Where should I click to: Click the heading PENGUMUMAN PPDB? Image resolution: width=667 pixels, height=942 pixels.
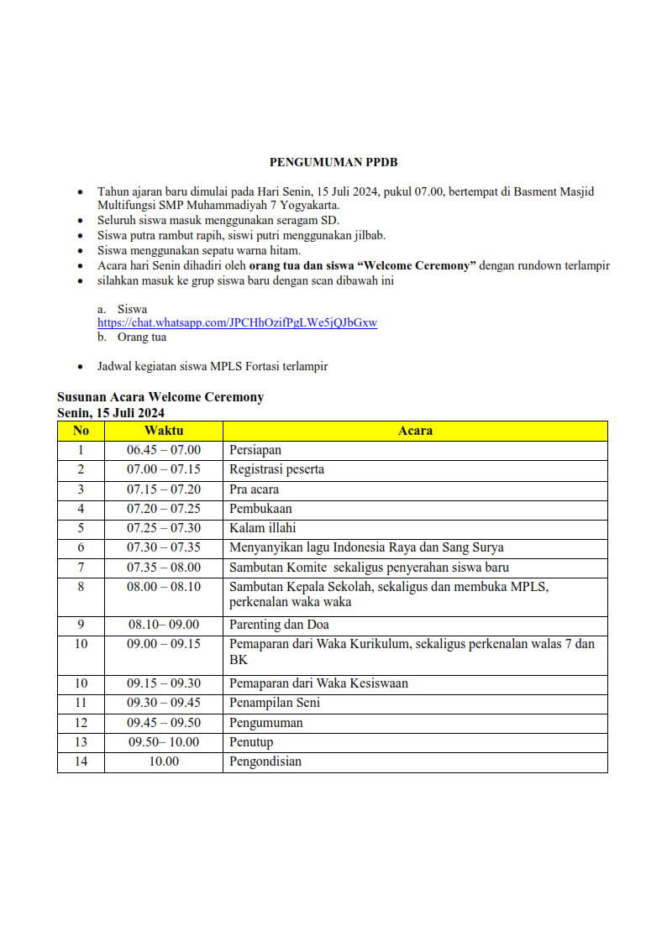(x=333, y=161)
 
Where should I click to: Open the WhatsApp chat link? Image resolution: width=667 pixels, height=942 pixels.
(x=237, y=322)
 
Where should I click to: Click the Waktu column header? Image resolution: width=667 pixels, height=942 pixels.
(x=164, y=431)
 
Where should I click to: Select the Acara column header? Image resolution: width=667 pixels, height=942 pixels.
(x=415, y=431)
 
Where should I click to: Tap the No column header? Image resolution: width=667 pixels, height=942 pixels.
(x=81, y=431)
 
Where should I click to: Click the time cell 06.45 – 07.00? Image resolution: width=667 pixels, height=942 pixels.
(x=164, y=450)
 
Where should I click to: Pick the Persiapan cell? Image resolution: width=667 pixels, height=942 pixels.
(x=255, y=450)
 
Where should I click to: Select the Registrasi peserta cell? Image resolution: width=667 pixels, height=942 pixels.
(x=276, y=469)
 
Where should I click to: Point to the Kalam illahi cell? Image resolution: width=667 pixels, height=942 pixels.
(x=263, y=528)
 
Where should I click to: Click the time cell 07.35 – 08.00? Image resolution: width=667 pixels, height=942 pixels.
(x=164, y=568)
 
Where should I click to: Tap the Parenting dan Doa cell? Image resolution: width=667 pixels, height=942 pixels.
(x=279, y=625)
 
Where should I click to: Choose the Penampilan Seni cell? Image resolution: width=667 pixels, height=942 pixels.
(x=275, y=703)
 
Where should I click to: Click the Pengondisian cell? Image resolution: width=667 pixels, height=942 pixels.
(x=265, y=761)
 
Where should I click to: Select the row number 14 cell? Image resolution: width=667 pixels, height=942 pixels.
(x=81, y=761)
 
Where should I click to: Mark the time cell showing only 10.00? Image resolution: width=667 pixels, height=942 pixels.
(x=164, y=761)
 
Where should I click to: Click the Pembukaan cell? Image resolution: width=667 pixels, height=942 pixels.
(x=260, y=509)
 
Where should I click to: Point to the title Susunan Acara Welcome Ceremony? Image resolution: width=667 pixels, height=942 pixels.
(x=160, y=397)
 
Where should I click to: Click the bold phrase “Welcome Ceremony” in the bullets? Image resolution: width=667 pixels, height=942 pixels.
(x=418, y=265)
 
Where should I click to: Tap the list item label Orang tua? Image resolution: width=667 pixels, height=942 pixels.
(x=142, y=337)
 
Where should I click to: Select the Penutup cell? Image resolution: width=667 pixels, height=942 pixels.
(x=251, y=742)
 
